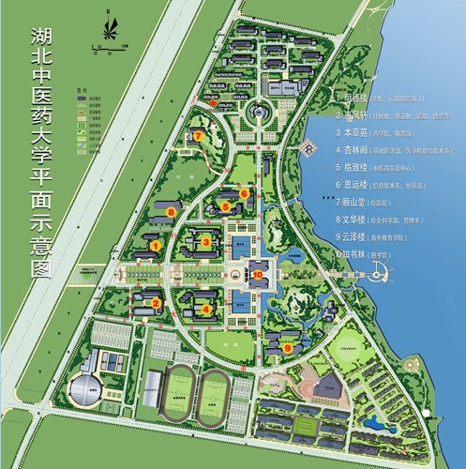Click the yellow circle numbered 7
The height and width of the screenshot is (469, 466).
[200, 136]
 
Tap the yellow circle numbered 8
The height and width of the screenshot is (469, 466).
[171, 213]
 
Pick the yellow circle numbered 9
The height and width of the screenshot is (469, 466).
[289, 346]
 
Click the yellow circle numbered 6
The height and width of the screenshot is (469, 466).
[244, 193]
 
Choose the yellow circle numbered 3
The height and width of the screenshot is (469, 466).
[205, 242]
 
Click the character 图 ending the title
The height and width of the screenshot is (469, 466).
[42, 266]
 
